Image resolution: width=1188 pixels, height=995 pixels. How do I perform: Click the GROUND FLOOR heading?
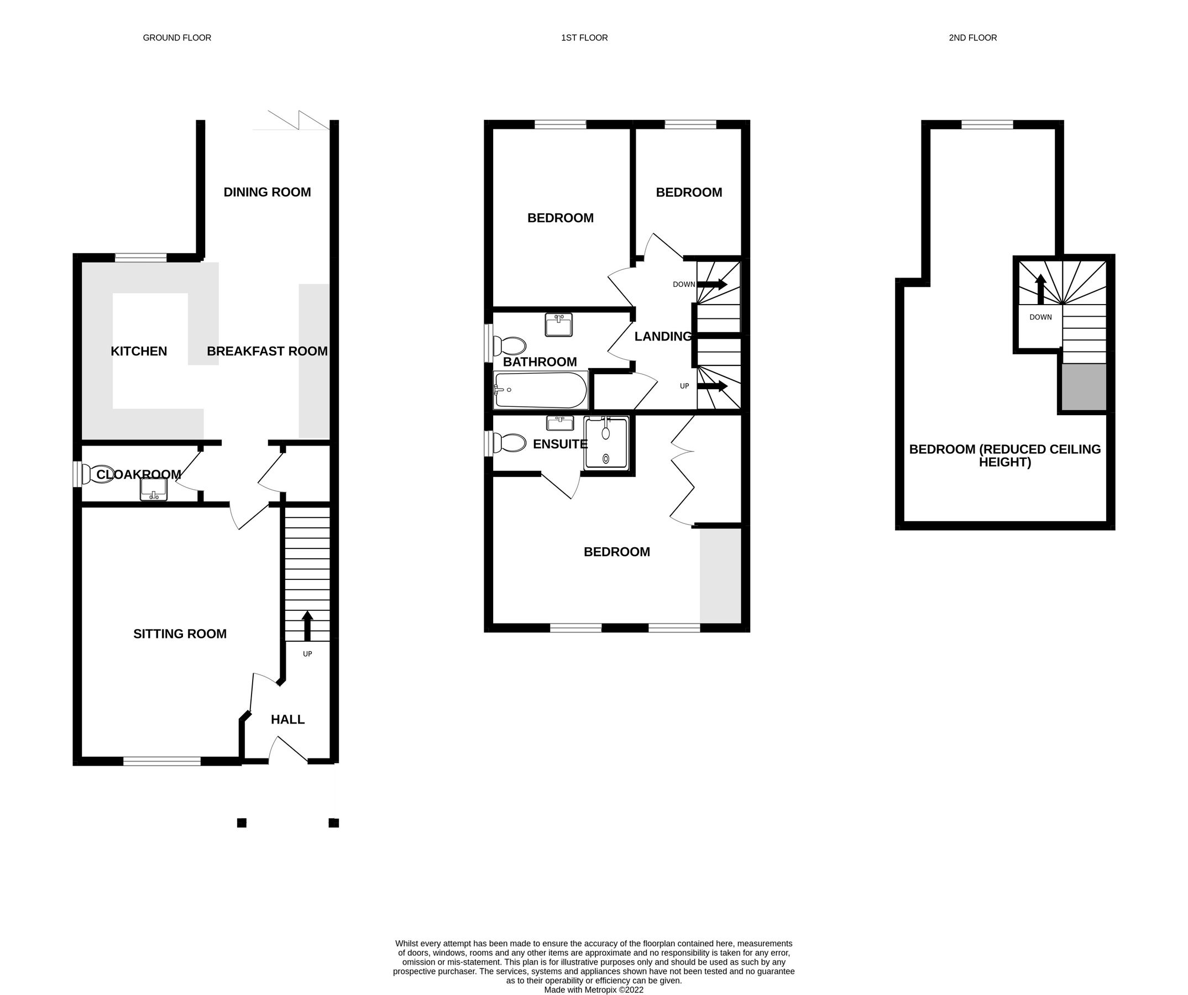[176, 38]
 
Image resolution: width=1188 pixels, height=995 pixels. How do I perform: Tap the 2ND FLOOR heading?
[972, 38]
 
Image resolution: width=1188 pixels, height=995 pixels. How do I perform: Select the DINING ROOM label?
[267, 192]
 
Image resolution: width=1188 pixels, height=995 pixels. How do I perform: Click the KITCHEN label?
[139, 351]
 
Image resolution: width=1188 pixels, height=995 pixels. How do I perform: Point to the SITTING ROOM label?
[180, 634]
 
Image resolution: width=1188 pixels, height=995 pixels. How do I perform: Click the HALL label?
[287, 720]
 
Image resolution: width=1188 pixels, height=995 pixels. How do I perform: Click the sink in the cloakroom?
[153, 489]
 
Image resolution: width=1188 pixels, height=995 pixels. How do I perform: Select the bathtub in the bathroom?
[541, 390]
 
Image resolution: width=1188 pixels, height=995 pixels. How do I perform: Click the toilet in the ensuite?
[509, 443]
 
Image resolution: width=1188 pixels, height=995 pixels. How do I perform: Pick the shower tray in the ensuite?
[606, 443]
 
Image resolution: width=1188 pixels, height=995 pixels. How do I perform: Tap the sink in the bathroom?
[558, 325]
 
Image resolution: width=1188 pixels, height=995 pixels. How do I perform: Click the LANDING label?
[662, 337]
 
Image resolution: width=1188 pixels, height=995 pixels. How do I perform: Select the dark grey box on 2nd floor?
[1084, 387]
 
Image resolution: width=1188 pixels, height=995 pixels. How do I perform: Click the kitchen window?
[141, 259]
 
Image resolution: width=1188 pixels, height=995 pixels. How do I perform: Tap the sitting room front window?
[162, 761]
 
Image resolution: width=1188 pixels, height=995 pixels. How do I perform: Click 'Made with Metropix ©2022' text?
[593, 990]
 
